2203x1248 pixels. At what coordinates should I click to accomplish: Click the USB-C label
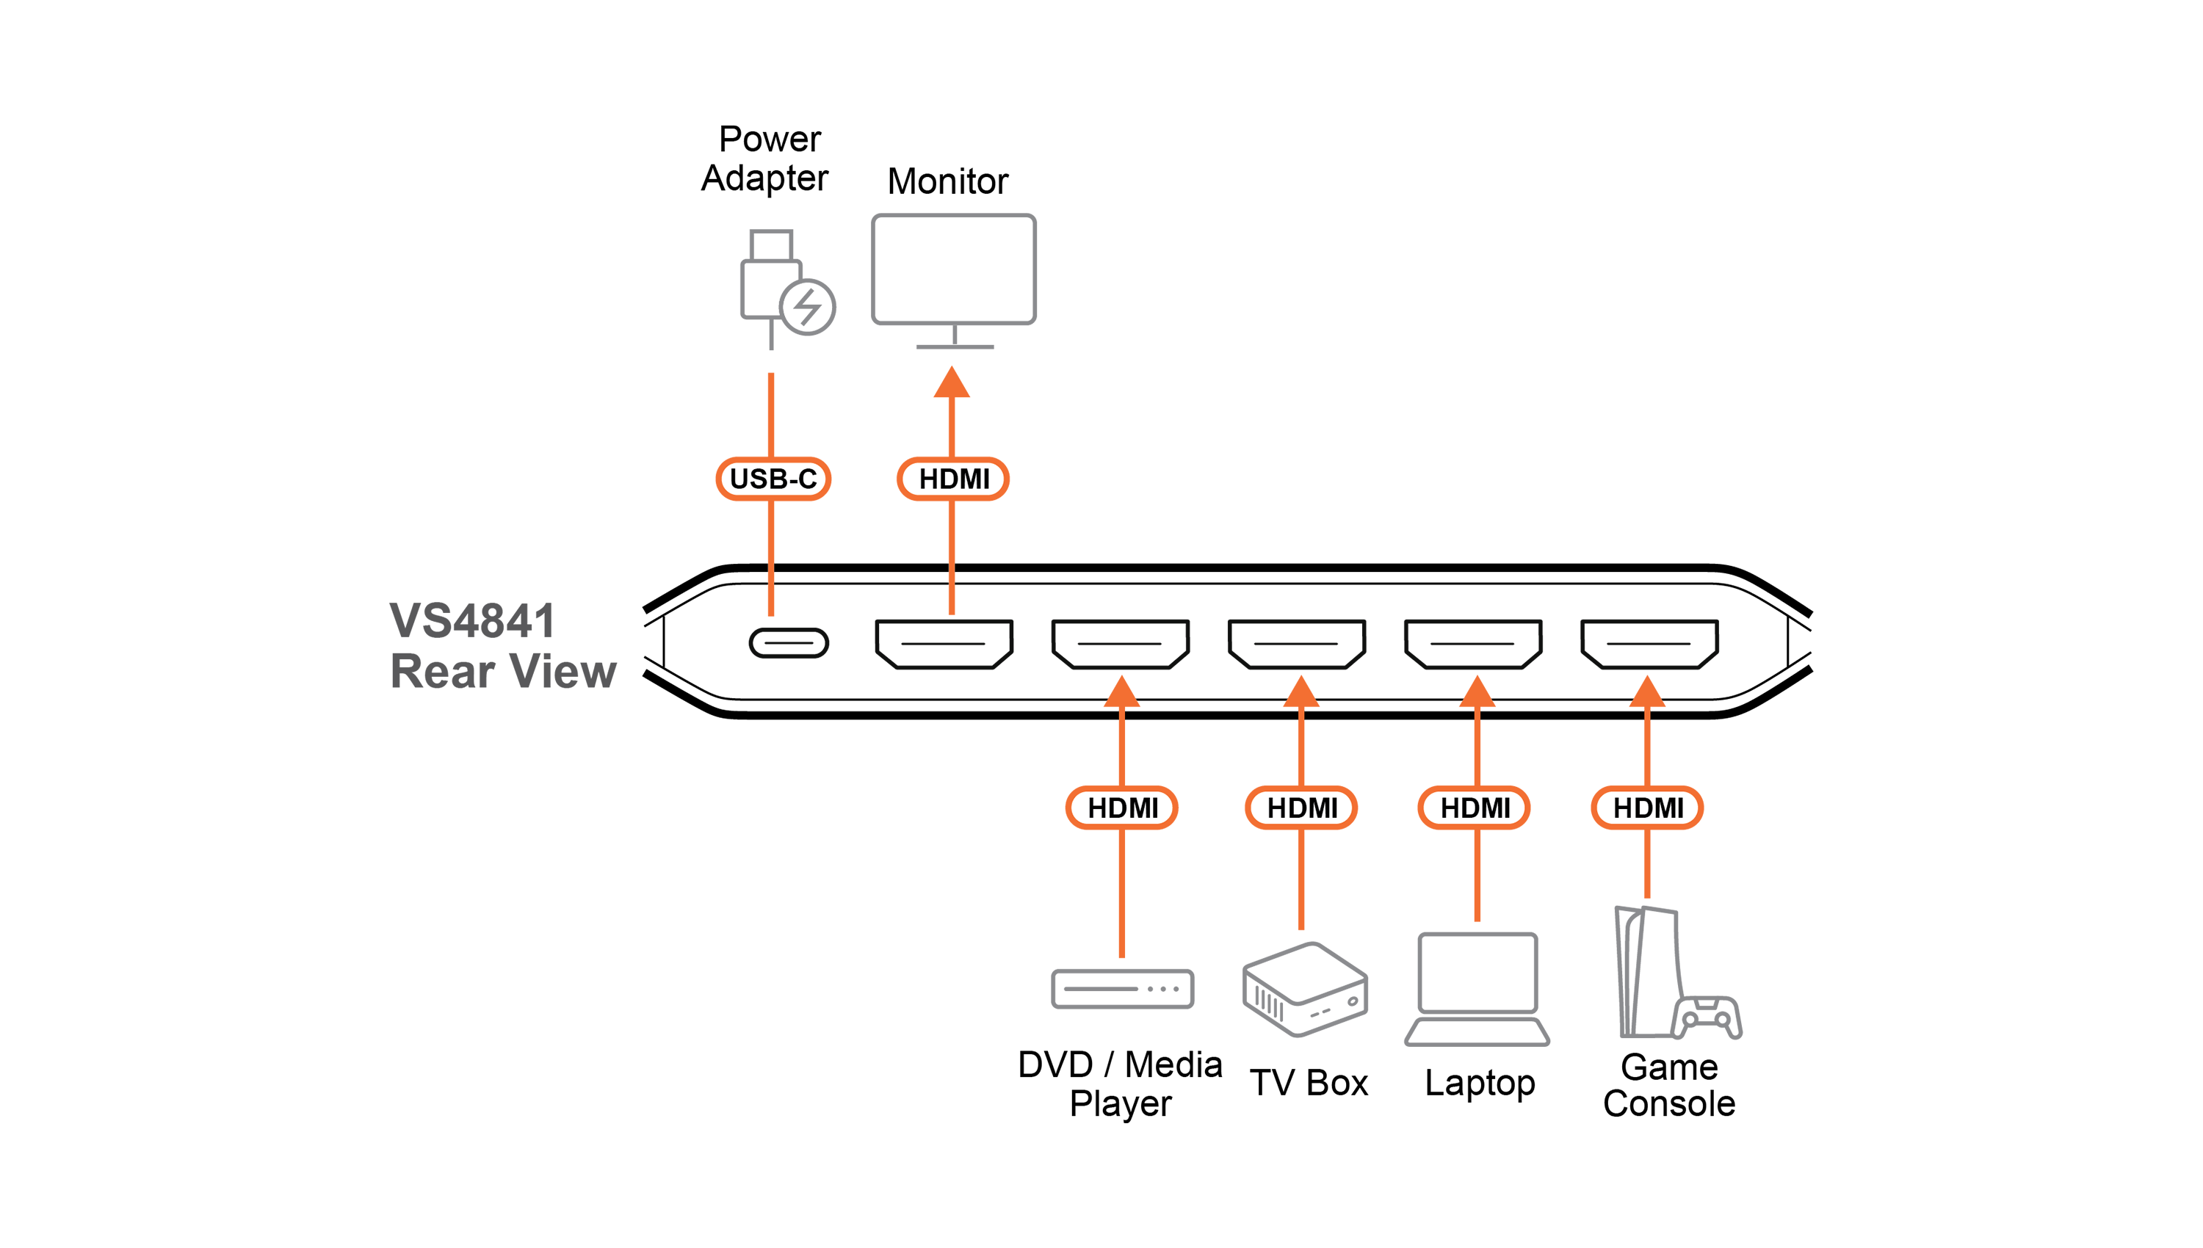pyautogui.click(x=773, y=479)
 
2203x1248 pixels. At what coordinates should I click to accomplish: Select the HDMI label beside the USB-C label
pyautogui.click(x=953, y=479)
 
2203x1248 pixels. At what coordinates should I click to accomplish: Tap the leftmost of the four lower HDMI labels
pyautogui.click(x=1121, y=808)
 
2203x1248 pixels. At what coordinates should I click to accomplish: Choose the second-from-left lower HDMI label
pyautogui.click(x=1301, y=808)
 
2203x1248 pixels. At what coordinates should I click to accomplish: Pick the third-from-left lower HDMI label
pyautogui.click(x=1475, y=808)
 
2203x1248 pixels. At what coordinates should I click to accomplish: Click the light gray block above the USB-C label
pyautogui.click(x=891, y=283)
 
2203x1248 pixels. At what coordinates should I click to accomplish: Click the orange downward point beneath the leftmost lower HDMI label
pyautogui.click(x=1121, y=951)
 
